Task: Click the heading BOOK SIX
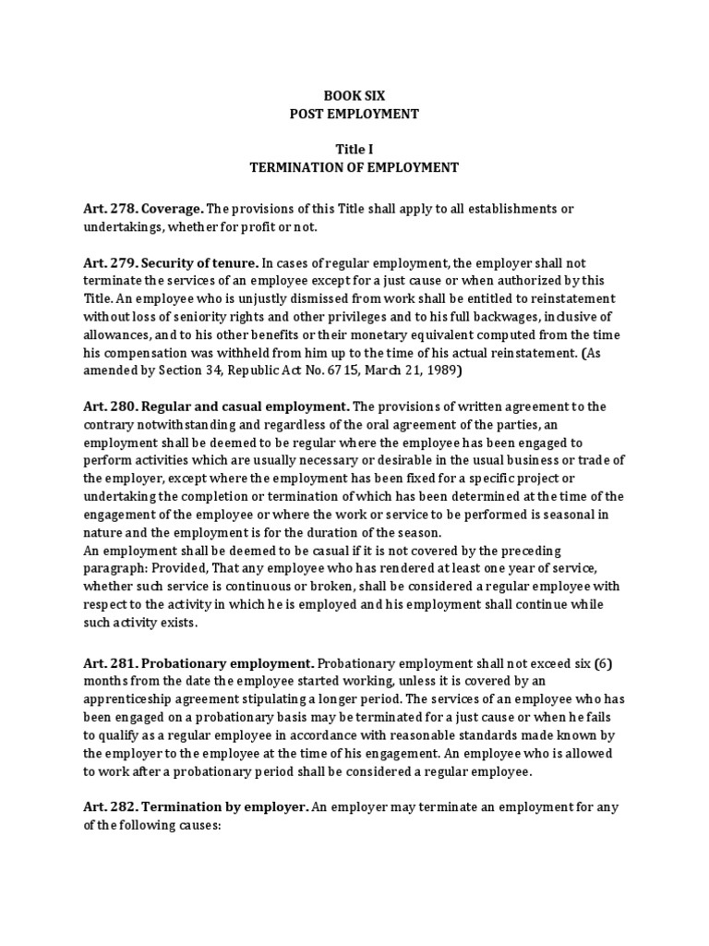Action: coord(354,95)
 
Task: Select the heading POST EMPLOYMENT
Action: coord(354,114)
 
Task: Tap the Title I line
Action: coord(354,149)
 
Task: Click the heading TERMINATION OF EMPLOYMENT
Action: coord(354,167)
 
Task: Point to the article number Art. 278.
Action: coord(109,209)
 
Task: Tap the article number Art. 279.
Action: coord(109,262)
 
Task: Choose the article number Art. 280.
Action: coord(109,406)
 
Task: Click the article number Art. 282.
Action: coord(109,807)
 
